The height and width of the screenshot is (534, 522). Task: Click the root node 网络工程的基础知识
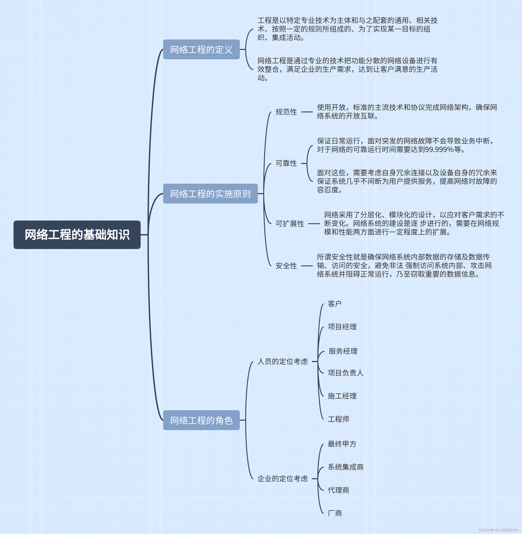click(77, 235)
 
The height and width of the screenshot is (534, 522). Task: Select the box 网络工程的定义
click(201, 50)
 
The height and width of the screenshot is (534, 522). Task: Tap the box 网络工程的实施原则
click(210, 194)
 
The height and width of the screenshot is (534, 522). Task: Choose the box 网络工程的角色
click(201, 420)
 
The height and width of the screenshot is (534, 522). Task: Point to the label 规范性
click(286, 112)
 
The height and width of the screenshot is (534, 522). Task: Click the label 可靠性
click(286, 163)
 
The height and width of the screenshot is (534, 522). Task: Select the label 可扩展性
click(290, 224)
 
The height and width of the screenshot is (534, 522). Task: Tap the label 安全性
click(286, 266)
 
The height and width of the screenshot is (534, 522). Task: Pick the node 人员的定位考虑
click(282, 362)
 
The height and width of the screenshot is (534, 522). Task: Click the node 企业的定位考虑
click(282, 479)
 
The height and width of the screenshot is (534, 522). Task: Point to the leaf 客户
click(334, 304)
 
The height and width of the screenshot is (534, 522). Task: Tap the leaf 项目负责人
click(346, 373)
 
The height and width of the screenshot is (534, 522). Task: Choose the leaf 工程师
click(338, 419)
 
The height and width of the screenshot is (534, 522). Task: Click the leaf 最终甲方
click(342, 444)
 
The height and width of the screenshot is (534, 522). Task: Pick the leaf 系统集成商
click(346, 467)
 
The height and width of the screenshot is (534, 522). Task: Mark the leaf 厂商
click(335, 513)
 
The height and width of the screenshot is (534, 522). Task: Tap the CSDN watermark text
click(498, 530)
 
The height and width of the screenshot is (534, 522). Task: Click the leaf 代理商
click(338, 490)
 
